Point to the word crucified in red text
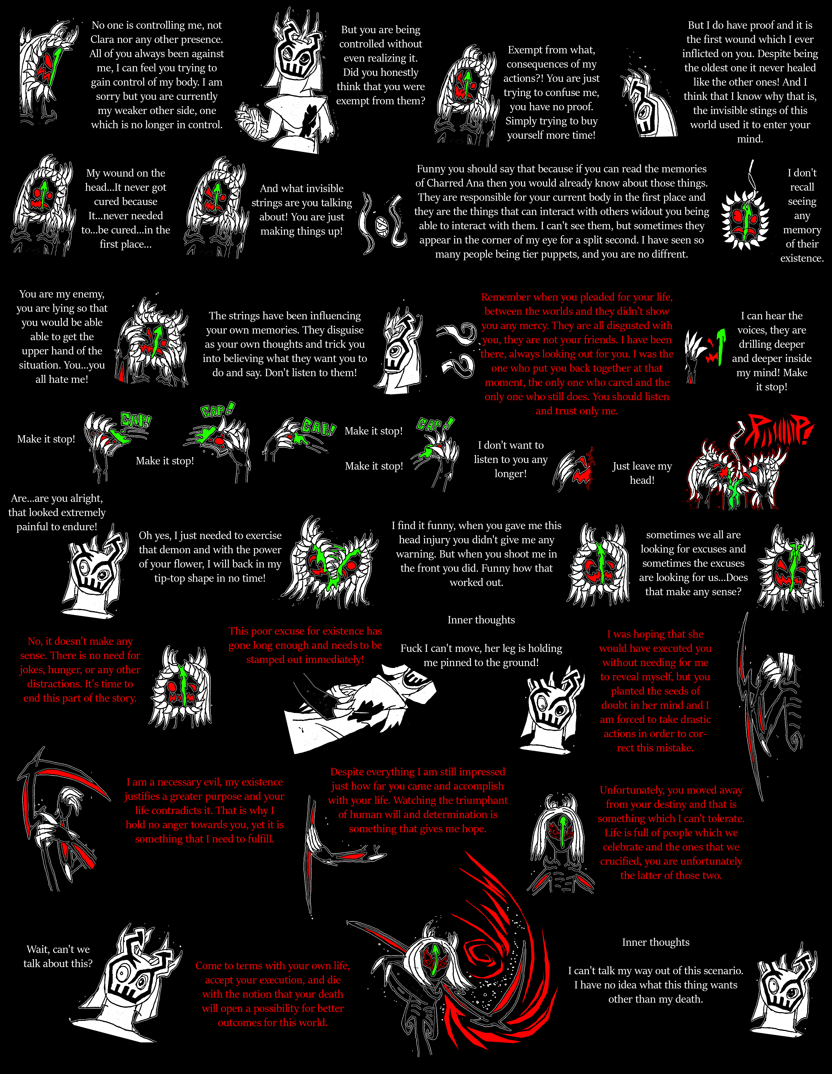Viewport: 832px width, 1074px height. tap(621, 861)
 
